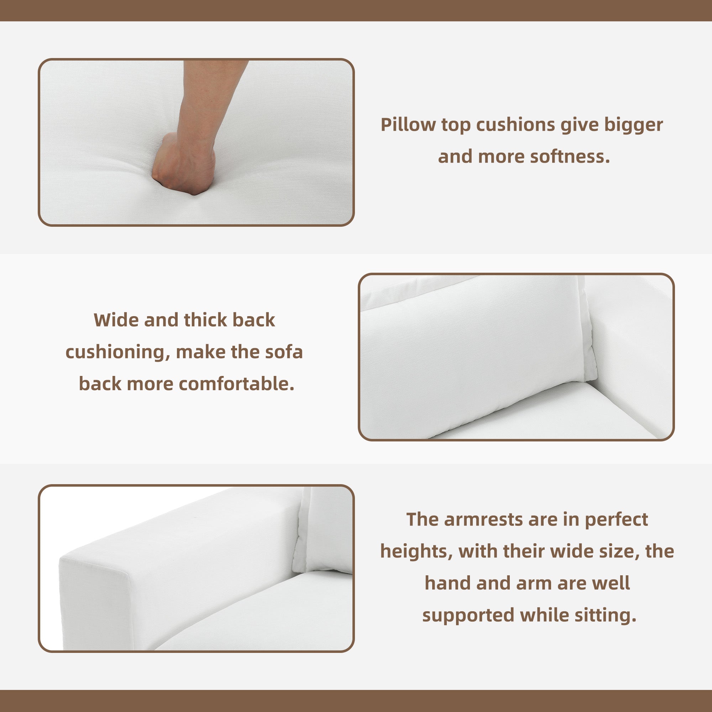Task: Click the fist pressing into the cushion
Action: [184, 164]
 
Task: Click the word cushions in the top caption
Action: [515, 125]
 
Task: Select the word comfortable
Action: [236, 384]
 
